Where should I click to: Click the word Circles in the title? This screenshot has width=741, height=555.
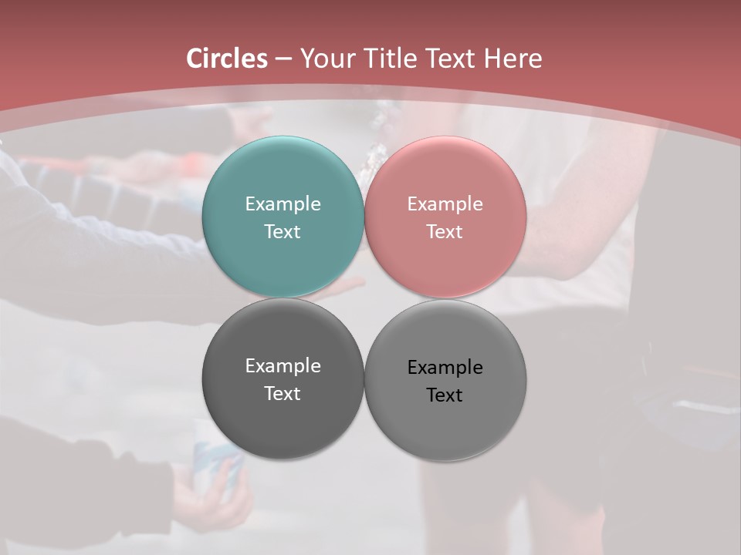point(227,59)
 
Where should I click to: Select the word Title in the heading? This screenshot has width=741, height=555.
point(389,59)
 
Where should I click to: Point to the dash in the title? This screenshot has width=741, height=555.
point(283,59)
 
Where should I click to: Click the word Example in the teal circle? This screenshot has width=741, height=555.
point(283,203)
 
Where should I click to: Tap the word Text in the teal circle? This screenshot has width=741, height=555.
point(283,231)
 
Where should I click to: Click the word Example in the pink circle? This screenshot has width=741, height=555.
point(445,203)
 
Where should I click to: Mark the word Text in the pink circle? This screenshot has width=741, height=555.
point(445,231)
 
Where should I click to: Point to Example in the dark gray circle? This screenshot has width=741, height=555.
point(283,365)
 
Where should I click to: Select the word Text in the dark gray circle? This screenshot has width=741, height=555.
point(283,393)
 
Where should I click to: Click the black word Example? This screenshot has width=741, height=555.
point(445,367)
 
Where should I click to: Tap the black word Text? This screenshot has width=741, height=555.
point(445,395)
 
